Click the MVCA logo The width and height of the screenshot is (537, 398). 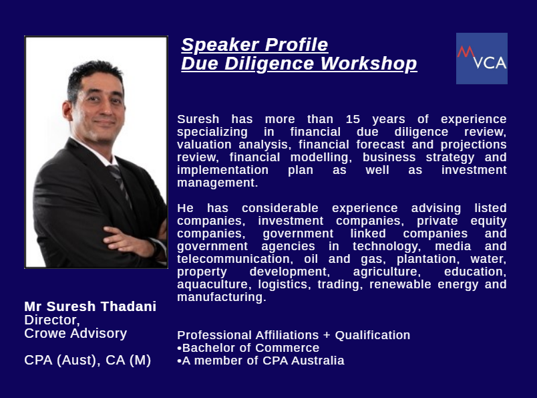pos(482,58)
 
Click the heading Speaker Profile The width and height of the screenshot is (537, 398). pos(254,45)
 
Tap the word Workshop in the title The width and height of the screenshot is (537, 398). pos(369,64)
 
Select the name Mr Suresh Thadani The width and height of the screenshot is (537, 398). pos(90,306)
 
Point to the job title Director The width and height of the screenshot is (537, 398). pos(52,320)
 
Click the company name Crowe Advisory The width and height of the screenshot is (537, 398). pos(75,334)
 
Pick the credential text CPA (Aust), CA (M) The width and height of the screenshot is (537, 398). pos(87,361)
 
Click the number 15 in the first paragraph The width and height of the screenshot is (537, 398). pos(353,119)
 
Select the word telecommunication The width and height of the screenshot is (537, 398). pos(234,259)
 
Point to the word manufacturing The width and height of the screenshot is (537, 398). pos(222,297)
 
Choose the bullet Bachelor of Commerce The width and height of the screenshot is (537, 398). pos(248,348)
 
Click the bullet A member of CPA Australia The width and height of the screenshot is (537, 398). pos(260,361)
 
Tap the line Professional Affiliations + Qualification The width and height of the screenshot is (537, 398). pos(293,335)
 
